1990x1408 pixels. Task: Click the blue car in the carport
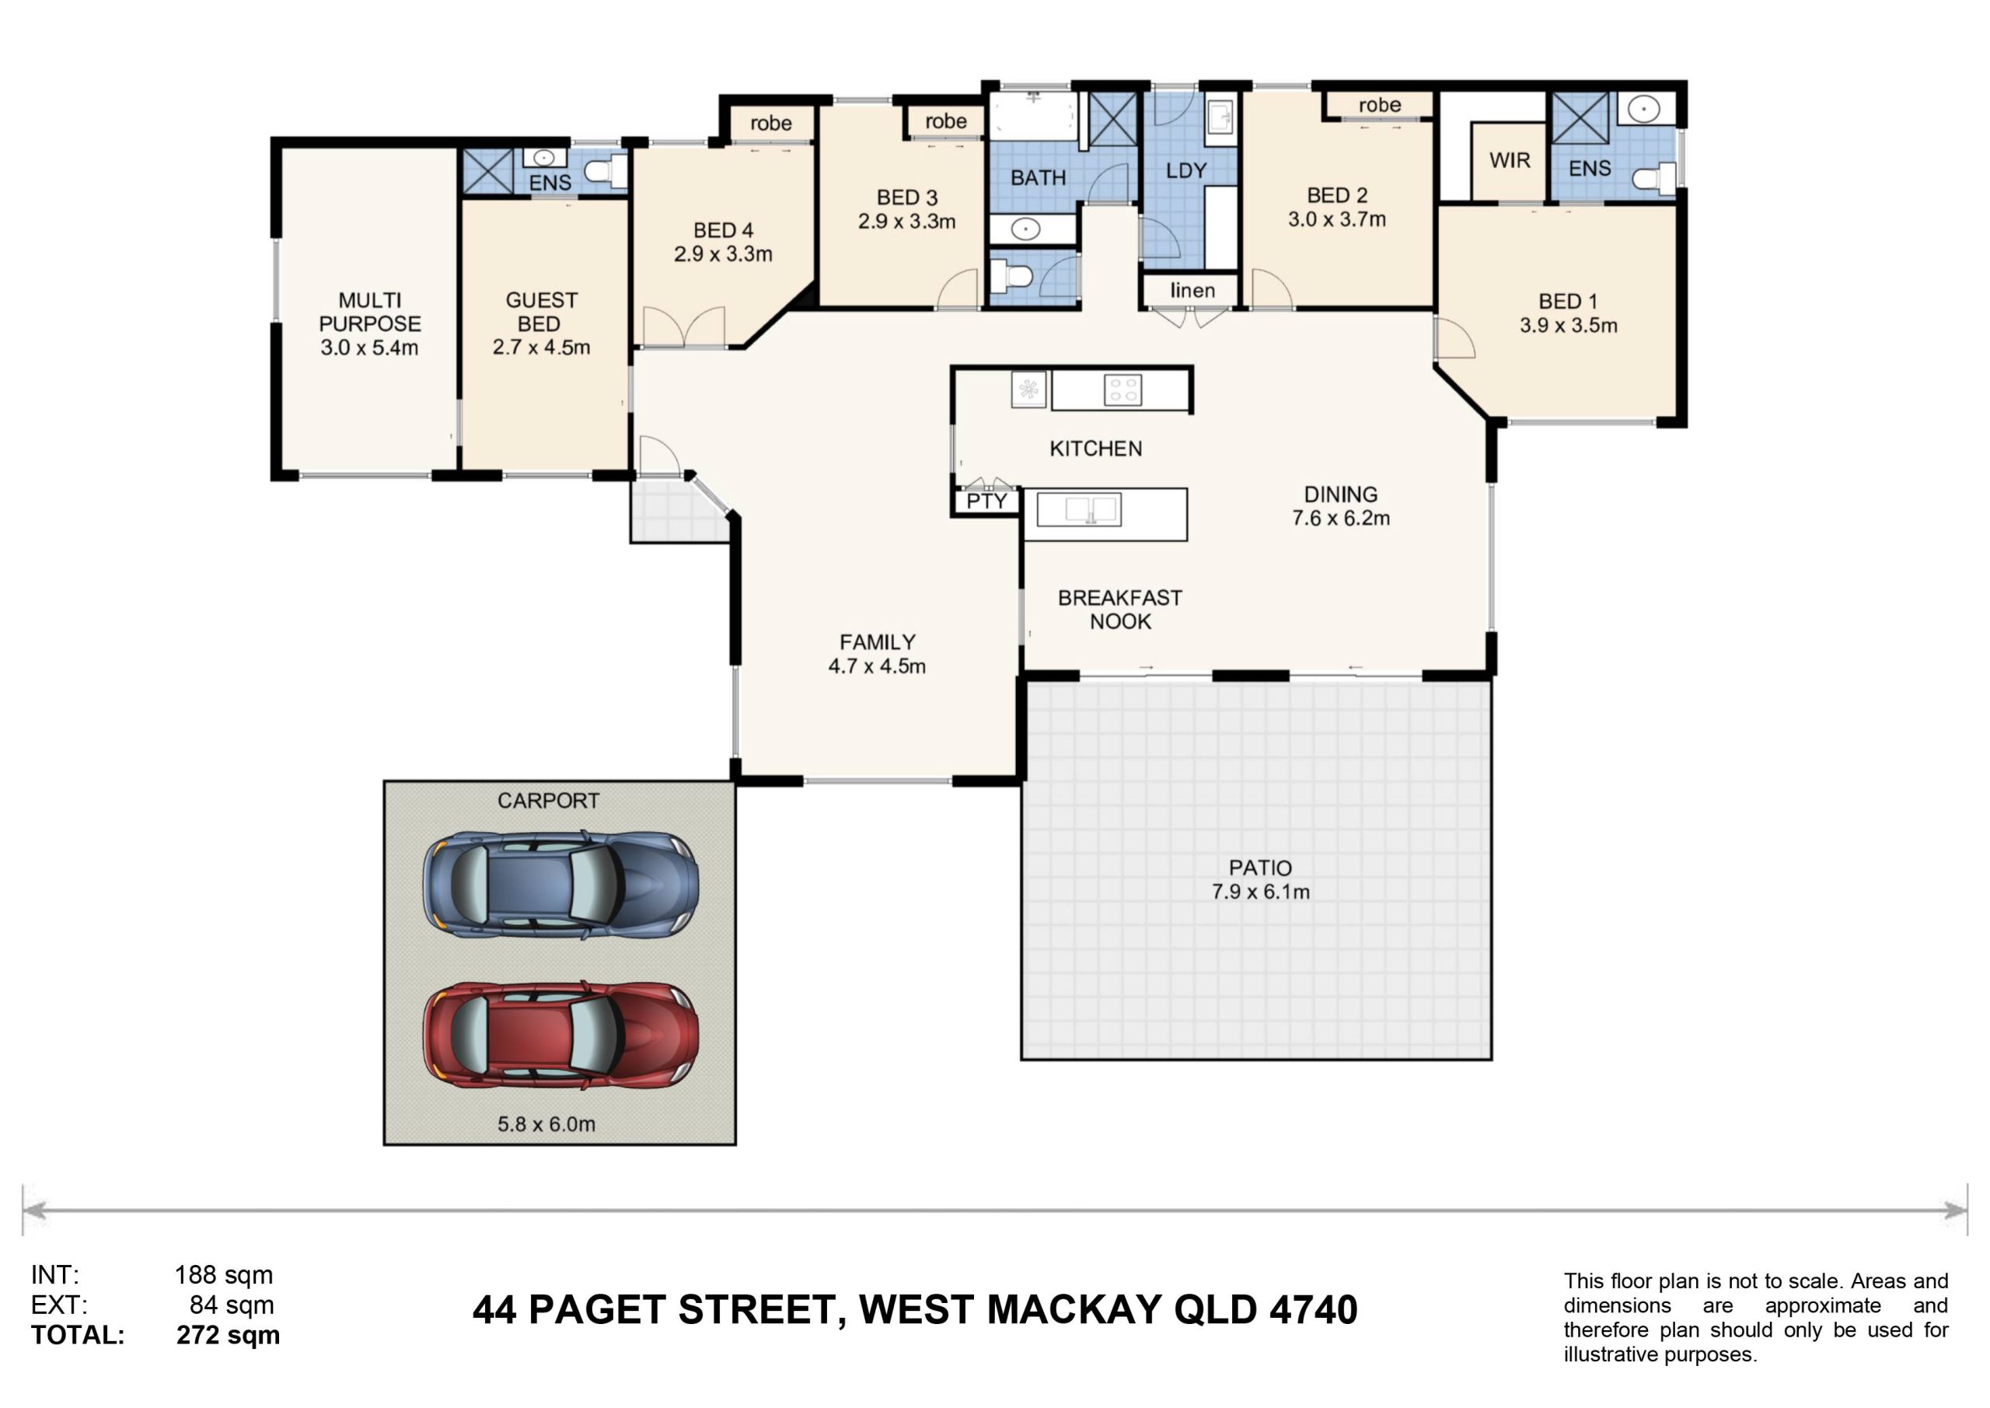point(560,886)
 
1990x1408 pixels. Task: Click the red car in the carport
point(560,1035)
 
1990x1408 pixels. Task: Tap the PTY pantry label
point(986,501)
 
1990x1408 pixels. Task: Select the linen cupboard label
point(1192,291)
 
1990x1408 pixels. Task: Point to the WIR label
point(1510,160)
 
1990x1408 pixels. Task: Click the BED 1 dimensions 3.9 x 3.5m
point(1568,326)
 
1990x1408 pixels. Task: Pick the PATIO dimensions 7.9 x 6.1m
point(1260,892)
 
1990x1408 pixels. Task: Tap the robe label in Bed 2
point(1380,105)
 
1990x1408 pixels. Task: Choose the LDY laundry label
point(1185,171)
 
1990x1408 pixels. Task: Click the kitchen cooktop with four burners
point(1122,390)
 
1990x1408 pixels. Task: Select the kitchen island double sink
point(1079,510)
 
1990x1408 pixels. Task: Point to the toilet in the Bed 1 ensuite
point(1653,178)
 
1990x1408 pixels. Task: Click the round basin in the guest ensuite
point(544,158)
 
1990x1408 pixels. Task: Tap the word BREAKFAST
point(1120,598)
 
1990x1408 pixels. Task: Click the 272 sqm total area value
point(228,1335)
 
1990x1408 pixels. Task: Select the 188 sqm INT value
point(224,1274)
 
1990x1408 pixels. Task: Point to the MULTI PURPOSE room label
point(370,312)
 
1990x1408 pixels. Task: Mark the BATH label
point(1039,178)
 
